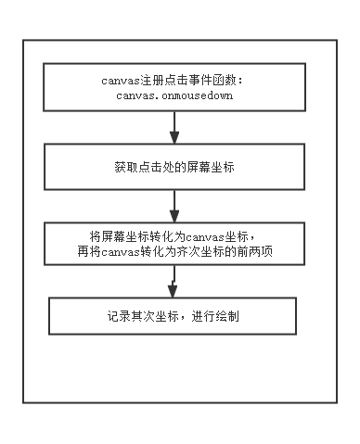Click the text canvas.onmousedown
click(174, 96)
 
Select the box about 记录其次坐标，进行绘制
click(174, 316)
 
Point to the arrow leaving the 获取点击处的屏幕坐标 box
click(174, 203)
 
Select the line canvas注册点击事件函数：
click(174, 80)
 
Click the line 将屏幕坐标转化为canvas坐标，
click(174, 235)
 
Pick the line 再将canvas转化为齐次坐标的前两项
click(174, 250)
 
